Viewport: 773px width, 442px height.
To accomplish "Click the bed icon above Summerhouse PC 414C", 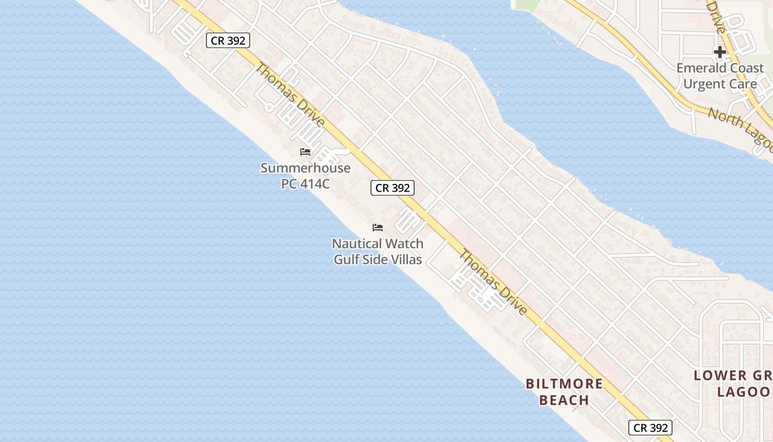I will coord(305,152).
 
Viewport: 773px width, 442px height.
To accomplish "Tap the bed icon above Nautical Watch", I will coord(378,227).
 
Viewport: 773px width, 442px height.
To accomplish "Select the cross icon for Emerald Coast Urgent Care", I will coord(719,52).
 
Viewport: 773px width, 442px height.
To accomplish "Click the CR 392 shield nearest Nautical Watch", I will coord(393,188).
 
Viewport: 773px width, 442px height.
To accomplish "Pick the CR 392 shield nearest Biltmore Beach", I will coord(650,428).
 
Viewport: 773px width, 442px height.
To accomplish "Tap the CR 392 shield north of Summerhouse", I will coord(228,40).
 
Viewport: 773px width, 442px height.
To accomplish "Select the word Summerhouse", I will coord(305,168).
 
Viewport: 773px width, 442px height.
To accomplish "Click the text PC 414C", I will coord(305,184).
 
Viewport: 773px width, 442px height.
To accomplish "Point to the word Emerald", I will coord(704,68).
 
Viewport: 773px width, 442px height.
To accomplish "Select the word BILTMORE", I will coord(564,383).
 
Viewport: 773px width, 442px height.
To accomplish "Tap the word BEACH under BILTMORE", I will coord(564,399).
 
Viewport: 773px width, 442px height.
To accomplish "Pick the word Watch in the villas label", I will coord(404,244).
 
